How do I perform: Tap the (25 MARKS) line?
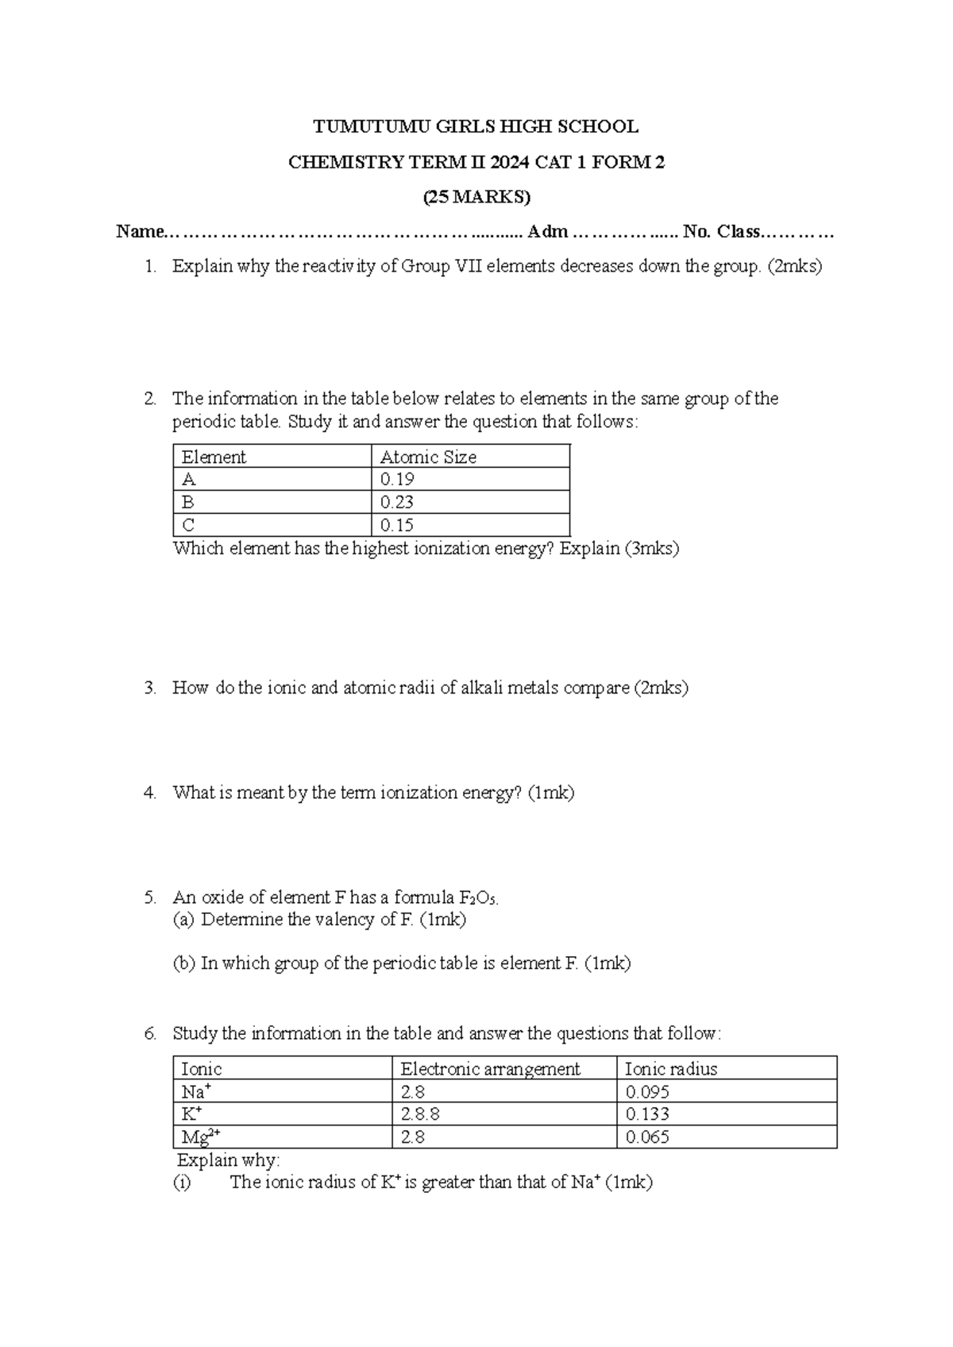click(x=476, y=197)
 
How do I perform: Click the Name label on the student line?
click(x=140, y=232)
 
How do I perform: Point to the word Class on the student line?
click(x=739, y=232)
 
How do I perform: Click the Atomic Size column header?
click(x=428, y=457)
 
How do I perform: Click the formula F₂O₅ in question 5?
click(x=478, y=898)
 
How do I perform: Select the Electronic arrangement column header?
click(x=490, y=1069)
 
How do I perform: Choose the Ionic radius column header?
click(x=671, y=1069)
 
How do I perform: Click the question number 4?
click(x=150, y=793)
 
